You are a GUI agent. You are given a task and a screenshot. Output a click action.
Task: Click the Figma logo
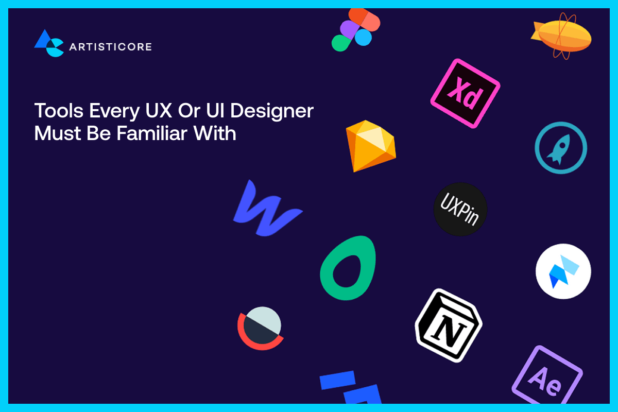click(x=355, y=30)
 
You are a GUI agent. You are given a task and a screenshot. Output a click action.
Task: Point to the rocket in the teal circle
click(x=560, y=148)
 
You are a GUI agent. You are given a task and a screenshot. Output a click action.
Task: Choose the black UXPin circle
click(x=460, y=209)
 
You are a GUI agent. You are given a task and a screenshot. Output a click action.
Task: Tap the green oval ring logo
click(x=348, y=268)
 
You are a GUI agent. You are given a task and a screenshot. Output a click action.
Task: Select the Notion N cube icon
click(x=448, y=325)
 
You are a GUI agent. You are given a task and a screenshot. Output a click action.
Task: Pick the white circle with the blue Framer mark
click(x=563, y=271)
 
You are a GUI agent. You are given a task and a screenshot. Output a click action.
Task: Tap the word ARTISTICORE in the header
click(x=110, y=47)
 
